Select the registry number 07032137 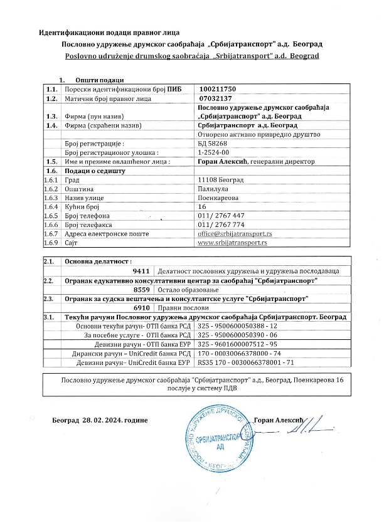pyautogui.click(x=216, y=99)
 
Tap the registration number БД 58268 pyautogui.click(x=211, y=144)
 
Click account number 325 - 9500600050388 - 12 pyautogui.click(x=238, y=327)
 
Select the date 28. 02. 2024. pyautogui.click(x=115, y=419)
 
